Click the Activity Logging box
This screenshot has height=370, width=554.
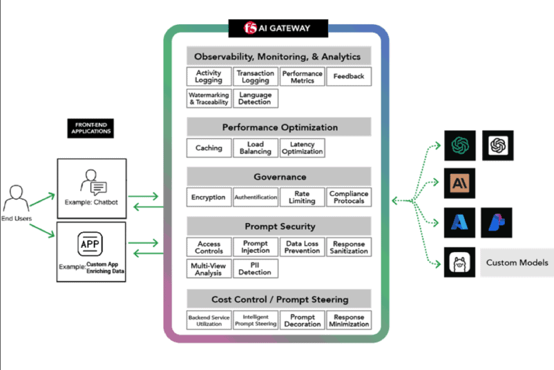click(209, 77)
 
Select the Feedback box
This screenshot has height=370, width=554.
click(348, 77)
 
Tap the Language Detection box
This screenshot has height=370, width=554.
click(255, 99)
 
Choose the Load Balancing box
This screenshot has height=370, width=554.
click(255, 148)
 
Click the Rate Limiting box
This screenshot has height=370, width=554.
click(302, 197)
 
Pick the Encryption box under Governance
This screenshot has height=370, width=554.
click(209, 197)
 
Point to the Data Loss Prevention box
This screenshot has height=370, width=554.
click(302, 247)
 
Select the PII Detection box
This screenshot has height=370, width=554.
click(255, 269)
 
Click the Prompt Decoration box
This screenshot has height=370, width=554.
click(302, 320)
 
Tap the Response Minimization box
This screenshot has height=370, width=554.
click(348, 320)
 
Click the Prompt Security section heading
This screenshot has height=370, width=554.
click(279, 226)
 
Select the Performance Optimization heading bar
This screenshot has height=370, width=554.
click(279, 127)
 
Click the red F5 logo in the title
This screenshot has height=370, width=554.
click(251, 28)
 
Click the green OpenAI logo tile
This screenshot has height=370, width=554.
click(457, 145)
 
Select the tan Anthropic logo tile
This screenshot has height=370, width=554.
click(457, 184)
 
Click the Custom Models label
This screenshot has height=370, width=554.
click(517, 262)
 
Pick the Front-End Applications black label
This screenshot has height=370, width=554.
click(90, 128)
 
